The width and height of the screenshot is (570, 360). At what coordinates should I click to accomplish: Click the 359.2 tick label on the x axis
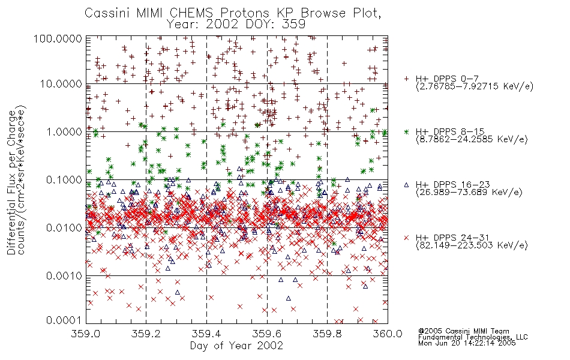[x=146, y=334]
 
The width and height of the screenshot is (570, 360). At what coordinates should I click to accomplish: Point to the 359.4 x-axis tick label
[x=207, y=334]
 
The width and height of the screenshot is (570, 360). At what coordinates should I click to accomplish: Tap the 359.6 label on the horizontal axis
[x=267, y=334]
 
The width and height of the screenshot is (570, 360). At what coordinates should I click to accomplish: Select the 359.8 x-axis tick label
[x=328, y=334]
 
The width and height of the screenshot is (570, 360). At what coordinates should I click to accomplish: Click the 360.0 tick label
[x=388, y=334]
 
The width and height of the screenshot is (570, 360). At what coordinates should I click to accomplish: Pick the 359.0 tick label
[x=86, y=334]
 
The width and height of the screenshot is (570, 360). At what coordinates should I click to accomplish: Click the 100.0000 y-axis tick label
[x=58, y=38]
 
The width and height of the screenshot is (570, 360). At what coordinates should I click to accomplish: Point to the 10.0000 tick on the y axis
[x=61, y=84]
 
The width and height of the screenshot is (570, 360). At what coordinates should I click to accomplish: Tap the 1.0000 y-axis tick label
[x=64, y=131]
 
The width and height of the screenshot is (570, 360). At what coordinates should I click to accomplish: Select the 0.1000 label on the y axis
[x=64, y=179]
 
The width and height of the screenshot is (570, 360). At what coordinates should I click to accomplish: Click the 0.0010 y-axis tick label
[x=64, y=275]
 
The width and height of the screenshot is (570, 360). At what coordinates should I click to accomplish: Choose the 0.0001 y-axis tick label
[x=64, y=320]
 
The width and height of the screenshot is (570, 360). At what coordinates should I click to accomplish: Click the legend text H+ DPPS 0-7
[x=447, y=79]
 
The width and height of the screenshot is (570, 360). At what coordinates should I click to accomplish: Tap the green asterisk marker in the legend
[x=406, y=131]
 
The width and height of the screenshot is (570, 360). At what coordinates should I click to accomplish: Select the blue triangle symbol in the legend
[x=406, y=185]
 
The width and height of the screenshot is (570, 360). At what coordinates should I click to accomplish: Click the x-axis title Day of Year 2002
[x=236, y=346]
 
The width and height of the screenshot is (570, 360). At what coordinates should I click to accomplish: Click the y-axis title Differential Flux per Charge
[x=12, y=182]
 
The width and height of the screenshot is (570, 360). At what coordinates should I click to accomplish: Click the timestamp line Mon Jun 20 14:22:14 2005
[x=467, y=343]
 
